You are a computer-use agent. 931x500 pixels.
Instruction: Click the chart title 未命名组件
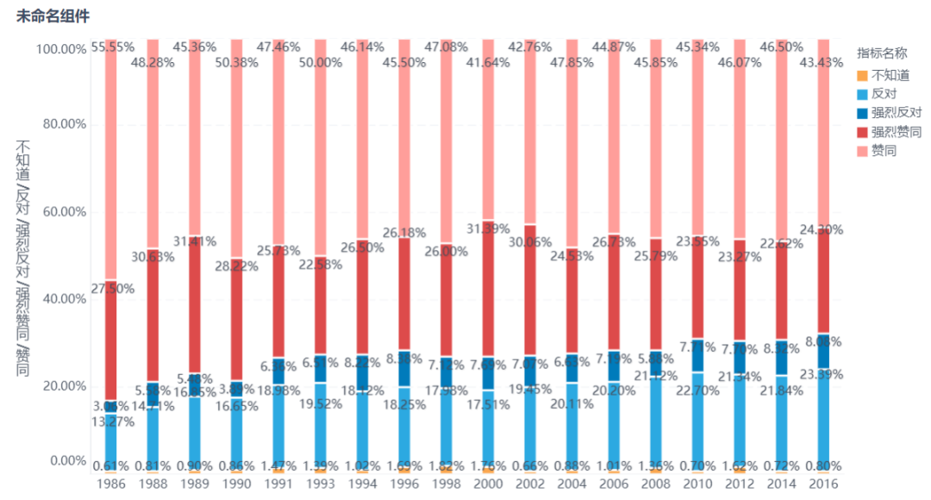[x=53, y=16]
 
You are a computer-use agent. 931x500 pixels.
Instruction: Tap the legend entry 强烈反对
[x=896, y=113]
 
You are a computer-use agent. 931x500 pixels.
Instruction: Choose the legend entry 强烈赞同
[x=896, y=132]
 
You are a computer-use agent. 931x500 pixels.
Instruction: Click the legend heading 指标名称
[x=882, y=53]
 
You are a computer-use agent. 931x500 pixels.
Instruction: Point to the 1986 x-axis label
[x=111, y=485]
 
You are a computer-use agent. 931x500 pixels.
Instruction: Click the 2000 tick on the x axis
[x=489, y=485]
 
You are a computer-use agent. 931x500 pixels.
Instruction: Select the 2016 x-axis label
[x=824, y=485]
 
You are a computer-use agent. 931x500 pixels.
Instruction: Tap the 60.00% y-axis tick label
[x=61, y=212]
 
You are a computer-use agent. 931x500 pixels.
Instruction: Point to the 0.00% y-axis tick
[x=65, y=461]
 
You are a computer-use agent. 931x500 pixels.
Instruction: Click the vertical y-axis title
[x=23, y=259]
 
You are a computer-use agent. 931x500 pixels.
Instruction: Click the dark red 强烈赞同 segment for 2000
[x=489, y=293]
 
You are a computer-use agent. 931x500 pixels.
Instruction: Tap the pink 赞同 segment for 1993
[x=321, y=147]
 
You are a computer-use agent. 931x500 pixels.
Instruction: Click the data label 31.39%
[x=489, y=229]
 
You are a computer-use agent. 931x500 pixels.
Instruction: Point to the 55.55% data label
[x=111, y=47]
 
